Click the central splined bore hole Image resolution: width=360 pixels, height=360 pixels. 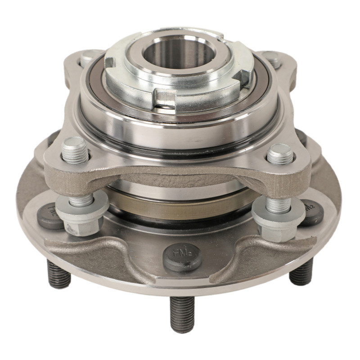tap(180, 54)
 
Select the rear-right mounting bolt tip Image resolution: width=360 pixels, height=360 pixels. tap(272, 58)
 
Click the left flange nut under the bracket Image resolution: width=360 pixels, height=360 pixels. tap(81, 215)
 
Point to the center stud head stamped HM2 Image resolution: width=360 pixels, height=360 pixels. tap(182, 255)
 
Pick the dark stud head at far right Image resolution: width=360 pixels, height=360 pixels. tap(311, 212)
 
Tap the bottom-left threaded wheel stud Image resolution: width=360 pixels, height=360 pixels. tap(59, 273)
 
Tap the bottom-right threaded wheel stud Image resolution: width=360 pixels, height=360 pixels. tap(301, 271)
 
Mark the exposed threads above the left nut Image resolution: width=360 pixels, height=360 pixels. tap(82, 198)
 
